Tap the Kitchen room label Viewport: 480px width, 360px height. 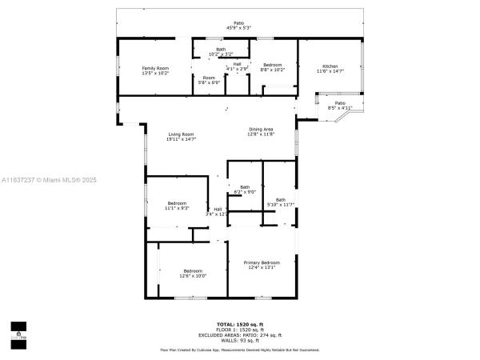click(x=330, y=66)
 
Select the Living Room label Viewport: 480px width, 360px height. click(x=181, y=134)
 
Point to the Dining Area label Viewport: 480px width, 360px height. click(x=261, y=130)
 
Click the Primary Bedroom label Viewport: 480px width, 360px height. click(x=262, y=262)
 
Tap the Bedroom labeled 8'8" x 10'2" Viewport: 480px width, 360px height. click(x=272, y=66)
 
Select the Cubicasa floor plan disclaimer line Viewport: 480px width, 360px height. click(x=239, y=350)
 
